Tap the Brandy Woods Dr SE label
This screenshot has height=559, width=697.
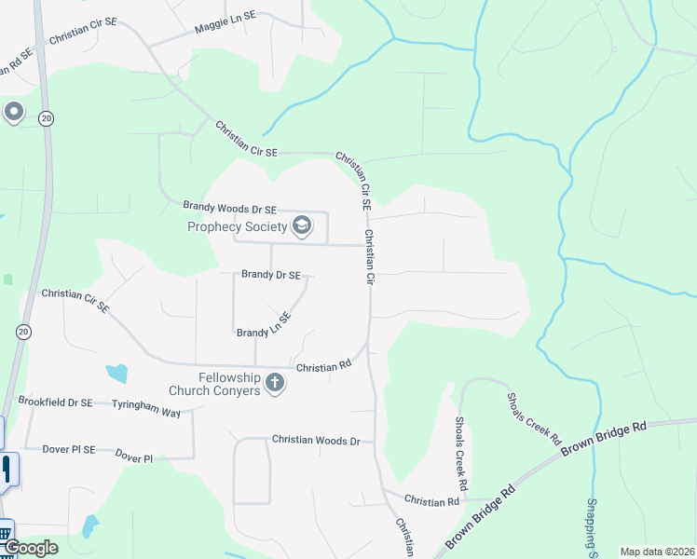tap(230, 209)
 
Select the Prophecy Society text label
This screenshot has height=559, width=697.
tap(238, 225)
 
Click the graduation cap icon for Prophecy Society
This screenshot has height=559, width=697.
tap(301, 225)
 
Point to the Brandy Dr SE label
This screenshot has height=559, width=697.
tap(270, 275)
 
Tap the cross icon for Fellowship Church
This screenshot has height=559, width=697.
tap(274, 382)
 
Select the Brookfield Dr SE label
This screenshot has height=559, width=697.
tap(55, 402)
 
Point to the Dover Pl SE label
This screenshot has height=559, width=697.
tap(69, 449)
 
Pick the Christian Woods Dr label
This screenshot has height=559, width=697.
tap(316, 440)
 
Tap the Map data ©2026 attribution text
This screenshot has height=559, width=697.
tap(657, 552)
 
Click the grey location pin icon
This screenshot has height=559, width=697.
tap(13, 113)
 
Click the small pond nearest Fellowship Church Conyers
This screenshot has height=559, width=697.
tap(116, 374)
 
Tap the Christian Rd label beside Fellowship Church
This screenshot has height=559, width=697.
tap(322, 367)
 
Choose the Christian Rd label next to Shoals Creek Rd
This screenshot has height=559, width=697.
tap(431, 501)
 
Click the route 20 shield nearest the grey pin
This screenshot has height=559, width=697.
tap(46, 118)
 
